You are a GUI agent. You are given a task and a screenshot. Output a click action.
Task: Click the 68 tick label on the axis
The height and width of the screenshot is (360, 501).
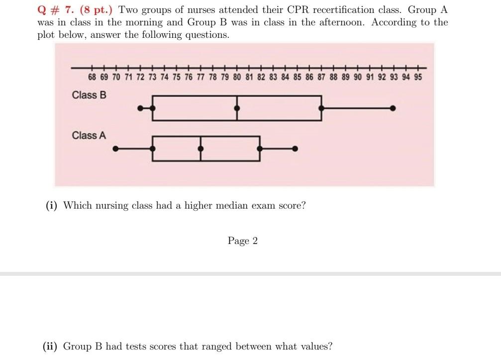click(92, 78)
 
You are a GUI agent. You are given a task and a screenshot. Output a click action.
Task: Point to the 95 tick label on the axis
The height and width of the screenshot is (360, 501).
click(418, 78)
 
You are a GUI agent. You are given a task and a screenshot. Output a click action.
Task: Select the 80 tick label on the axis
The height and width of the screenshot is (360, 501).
click(237, 78)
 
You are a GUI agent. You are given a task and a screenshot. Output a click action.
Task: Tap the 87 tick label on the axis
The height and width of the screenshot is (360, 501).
click(321, 78)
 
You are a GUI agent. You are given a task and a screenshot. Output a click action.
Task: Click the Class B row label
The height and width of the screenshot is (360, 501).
click(89, 95)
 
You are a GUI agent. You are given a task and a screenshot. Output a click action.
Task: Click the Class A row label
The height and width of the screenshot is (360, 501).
click(89, 135)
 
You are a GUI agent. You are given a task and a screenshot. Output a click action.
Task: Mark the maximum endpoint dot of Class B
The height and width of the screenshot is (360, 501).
click(393, 108)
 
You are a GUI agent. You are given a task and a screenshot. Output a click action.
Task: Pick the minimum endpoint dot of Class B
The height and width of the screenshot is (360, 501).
click(141, 108)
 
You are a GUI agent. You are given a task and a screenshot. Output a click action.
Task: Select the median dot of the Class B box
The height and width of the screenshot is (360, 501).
click(237, 108)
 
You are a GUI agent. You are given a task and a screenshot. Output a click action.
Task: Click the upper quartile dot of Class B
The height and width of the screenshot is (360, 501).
click(321, 108)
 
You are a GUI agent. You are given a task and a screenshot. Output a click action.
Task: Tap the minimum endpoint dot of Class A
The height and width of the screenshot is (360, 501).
click(116, 148)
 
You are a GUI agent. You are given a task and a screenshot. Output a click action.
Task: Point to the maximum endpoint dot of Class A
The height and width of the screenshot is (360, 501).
click(295, 148)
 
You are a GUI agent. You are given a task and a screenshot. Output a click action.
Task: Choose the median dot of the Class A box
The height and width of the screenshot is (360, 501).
click(200, 148)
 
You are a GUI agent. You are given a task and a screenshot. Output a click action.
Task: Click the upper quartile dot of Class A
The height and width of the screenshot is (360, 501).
click(259, 148)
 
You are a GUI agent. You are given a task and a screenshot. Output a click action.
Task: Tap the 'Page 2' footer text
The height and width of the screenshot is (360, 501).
click(243, 241)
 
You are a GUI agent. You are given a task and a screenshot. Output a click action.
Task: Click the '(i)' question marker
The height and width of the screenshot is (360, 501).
click(51, 205)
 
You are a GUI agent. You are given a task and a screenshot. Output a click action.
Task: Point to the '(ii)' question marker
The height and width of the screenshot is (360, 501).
click(51, 346)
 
